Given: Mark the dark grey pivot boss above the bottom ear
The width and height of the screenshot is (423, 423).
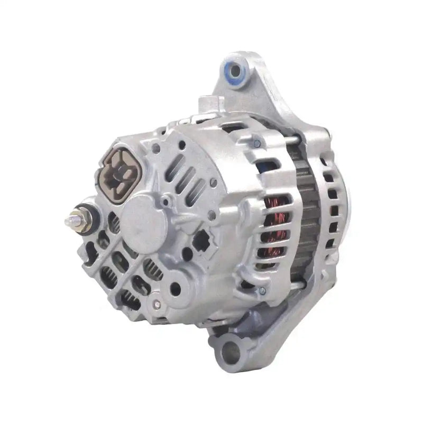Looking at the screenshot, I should pyautogui.click(x=249, y=317).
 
